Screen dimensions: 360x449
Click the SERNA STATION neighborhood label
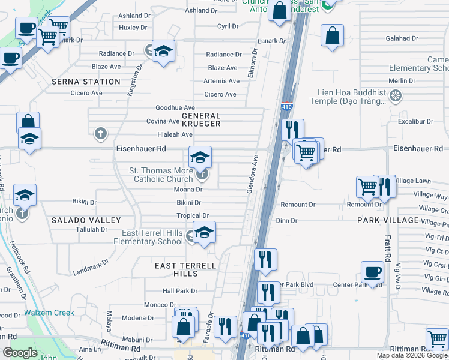(86, 82)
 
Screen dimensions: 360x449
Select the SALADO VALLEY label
(86, 220)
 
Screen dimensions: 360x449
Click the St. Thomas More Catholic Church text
(161, 175)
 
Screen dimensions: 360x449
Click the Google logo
(20, 353)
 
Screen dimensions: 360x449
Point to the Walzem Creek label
(49, 313)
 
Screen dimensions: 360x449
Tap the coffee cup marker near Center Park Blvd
(372, 271)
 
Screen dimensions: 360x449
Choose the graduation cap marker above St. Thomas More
(200, 157)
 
